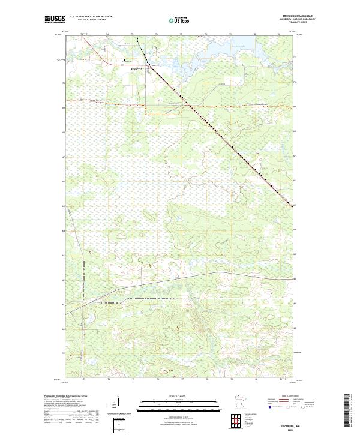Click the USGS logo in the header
(x=55, y=19)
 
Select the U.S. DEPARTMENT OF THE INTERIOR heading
(x=91, y=16)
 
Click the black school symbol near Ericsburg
(x=124, y=60)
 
